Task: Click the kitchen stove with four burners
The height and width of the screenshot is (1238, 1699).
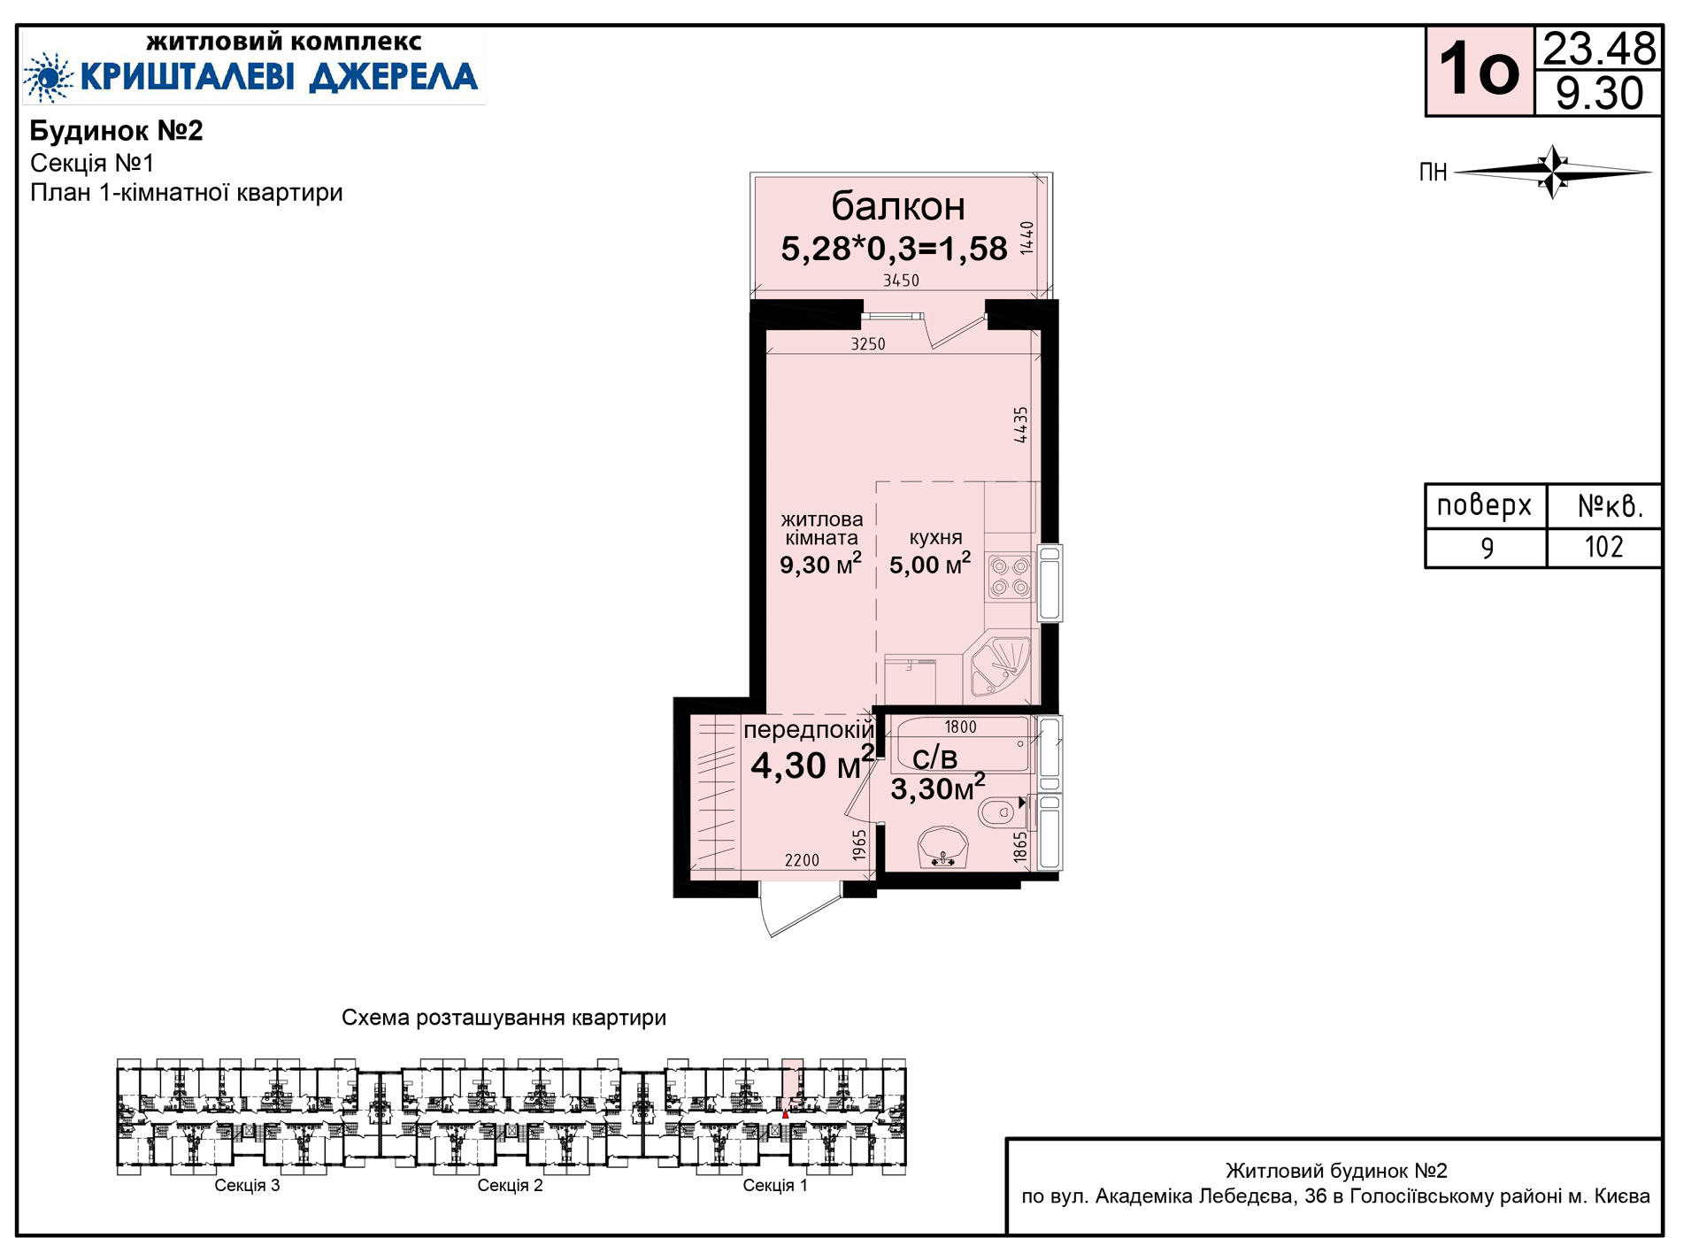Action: [1010, 577]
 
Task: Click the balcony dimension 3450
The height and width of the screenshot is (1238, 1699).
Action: [901, 281]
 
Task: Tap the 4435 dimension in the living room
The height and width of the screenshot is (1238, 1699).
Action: [1021, 425]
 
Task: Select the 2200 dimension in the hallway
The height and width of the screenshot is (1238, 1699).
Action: [802, 860]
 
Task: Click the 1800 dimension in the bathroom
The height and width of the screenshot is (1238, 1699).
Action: [960, 727]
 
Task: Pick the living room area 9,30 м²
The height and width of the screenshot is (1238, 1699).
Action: [820, 565]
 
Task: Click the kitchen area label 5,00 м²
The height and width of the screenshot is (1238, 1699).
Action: [930, 564]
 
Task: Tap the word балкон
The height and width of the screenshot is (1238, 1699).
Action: [898, 206]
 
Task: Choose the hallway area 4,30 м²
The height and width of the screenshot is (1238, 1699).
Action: [812, 764]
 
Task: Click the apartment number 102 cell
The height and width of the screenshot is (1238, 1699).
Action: [1603, 547]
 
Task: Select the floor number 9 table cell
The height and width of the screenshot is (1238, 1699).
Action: [1487, 548]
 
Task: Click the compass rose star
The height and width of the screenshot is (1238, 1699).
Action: [1553, 172]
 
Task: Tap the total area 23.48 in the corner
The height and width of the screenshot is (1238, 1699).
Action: [1599, 49]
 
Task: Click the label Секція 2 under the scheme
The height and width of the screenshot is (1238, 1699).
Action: [510, 1186]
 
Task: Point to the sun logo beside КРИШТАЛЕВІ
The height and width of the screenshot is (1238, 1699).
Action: [49, 77]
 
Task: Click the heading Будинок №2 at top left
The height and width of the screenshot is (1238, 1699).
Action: [117, 131]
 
